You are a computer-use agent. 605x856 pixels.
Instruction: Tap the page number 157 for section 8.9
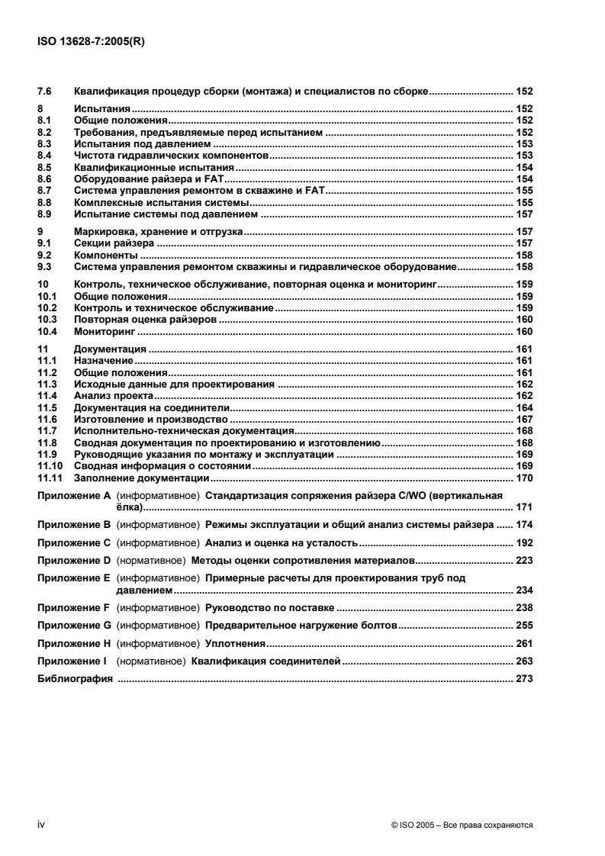[524, 215]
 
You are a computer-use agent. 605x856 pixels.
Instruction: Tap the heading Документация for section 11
[107, 349]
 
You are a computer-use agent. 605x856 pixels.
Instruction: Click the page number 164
[524, 408]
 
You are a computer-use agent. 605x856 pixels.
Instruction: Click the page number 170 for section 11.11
[524, 478]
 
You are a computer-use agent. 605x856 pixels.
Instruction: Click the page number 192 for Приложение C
[524, 546]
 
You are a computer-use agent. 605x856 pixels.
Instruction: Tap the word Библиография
[75, 678]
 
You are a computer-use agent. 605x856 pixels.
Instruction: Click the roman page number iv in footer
[42, 825]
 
